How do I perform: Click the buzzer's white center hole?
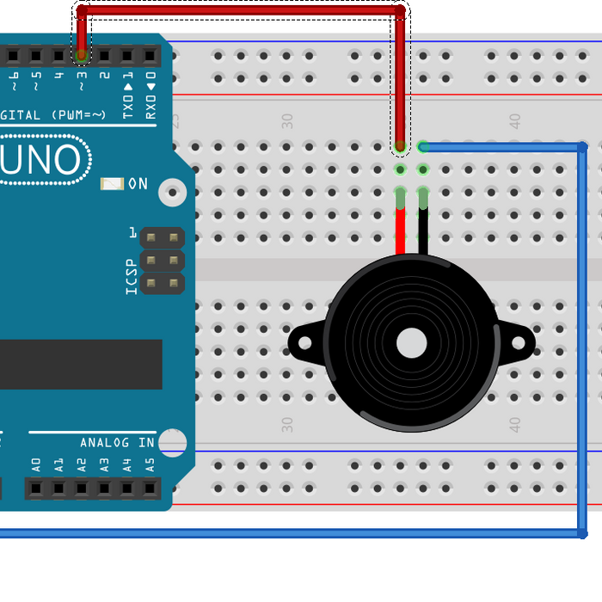[x=411, y=343]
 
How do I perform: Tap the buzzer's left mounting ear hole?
[x=304, y=343]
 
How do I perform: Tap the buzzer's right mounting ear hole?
[x=519, y=343]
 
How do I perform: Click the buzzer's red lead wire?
[x=400, y=230]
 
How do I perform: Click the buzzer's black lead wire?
[x=423, y=230]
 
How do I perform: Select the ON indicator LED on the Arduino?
[x=113, y=183]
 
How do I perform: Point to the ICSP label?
[x=131, y=276]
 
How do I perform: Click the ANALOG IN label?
[x=117, y=442]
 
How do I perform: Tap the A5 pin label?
[x=150, y=465]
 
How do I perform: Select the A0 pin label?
[x=36, y=465]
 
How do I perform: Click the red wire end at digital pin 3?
[x=82, y=56]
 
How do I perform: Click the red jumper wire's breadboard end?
[x=400, y=148]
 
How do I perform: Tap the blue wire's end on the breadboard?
[x=423, y=147]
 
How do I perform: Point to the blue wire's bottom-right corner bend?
[x=582, y=534]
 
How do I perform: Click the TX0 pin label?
[x=127, y=105]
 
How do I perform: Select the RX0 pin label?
[x=150, y=105]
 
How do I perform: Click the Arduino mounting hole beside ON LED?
[x=173, y=191]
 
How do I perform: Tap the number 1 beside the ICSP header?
[x=132, y=233]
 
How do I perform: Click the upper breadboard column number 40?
[x=514, y=121]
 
